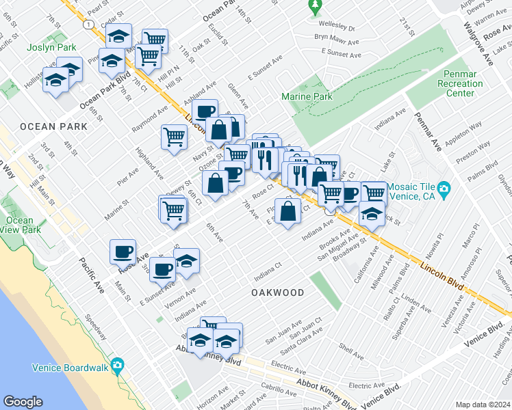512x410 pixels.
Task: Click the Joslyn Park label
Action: click(44, 48)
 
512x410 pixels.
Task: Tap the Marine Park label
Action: click(307, 96)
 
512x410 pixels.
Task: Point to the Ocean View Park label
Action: click(19, 225)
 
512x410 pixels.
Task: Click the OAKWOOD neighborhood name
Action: click(277, 292)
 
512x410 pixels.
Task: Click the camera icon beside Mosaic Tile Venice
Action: click(444, 188)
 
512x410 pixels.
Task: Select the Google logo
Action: click(23, 402)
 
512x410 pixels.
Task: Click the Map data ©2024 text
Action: click(483, 405)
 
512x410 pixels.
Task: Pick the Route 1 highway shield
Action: click(88, 24)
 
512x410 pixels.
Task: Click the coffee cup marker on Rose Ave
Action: click(123, 251)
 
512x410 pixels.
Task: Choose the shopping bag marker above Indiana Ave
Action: click(290, 210)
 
